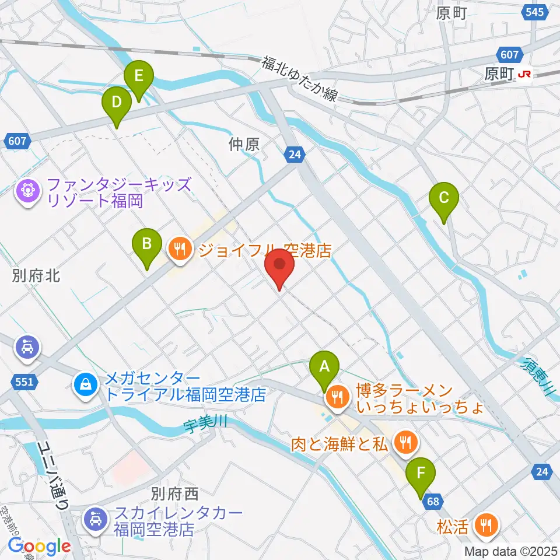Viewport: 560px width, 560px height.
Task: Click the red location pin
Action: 280,267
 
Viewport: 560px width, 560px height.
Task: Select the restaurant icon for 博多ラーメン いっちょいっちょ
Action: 337,398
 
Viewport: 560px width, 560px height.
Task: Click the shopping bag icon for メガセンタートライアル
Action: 86,384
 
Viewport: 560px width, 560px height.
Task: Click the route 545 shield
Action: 533,12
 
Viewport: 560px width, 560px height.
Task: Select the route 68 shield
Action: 433,501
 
